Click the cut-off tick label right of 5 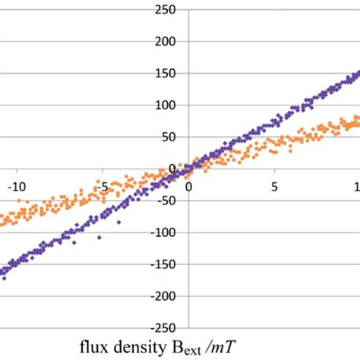coord(356,185)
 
